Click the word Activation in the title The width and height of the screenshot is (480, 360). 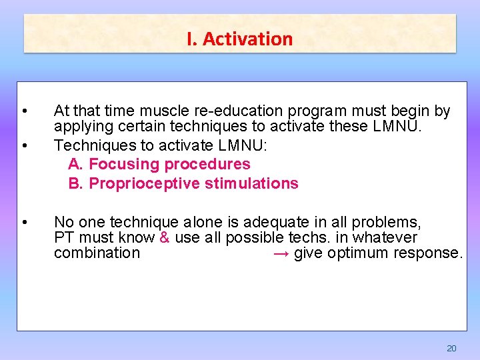(247, 39)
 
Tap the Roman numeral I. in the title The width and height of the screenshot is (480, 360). (192, 39)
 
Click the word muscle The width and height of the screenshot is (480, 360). (167, 111)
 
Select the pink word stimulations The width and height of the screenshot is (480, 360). (252, 183)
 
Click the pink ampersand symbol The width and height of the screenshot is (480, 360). (165, 237)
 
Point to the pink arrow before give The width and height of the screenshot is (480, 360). (281, 253)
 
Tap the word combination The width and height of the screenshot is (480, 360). (97, 253)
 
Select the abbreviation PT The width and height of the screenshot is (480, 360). (63, 237)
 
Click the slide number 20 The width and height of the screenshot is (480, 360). (451, 348)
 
